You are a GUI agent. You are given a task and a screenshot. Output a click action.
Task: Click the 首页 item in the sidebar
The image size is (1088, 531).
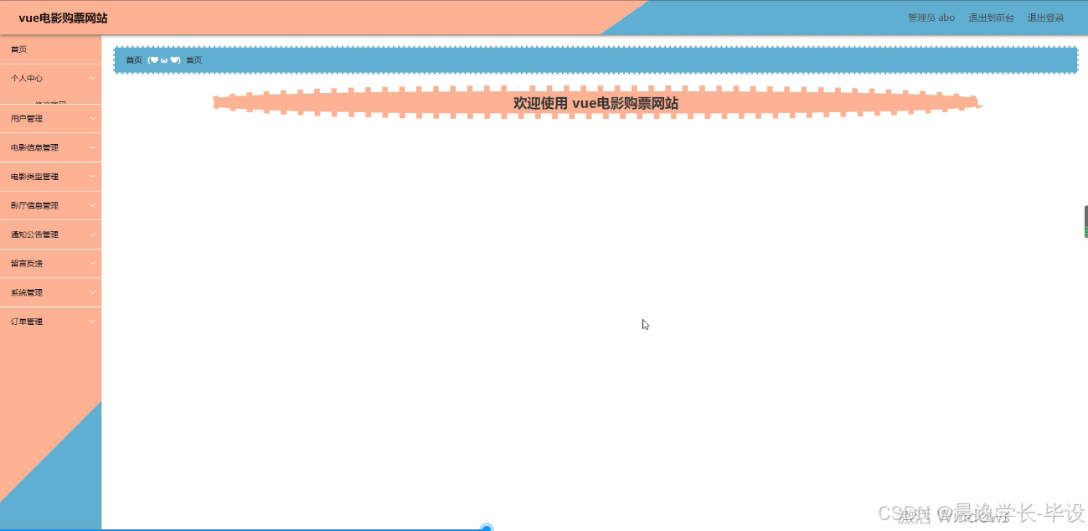tap(18, 49)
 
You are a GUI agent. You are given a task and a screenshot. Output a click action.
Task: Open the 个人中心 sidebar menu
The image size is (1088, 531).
tap(27, 79)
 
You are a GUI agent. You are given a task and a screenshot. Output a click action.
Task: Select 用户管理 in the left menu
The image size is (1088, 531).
tap(27, 119)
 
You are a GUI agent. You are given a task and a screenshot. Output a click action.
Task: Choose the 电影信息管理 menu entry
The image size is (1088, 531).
tap(34, 147)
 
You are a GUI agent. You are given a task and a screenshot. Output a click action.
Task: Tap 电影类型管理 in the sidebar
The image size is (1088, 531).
tap(34, 177)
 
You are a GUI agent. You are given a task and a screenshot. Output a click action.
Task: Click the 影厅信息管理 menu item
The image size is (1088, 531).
tap(34, 205)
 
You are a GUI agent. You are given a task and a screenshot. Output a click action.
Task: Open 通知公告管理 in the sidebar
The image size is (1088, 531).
tap(34, 235)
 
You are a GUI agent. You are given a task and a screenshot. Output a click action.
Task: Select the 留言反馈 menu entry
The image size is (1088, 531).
tap(27, 264)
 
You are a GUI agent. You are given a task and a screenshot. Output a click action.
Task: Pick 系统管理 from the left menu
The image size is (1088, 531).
tap(27, 292)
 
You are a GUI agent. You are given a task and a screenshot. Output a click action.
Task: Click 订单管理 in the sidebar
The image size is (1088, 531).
tap(27, 322)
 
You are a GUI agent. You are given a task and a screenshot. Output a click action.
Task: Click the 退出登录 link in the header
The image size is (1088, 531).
tap(1045, 18)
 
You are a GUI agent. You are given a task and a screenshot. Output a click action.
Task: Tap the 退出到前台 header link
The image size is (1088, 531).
tap(991, 18)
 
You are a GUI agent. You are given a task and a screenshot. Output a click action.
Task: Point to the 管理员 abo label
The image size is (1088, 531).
tap(931, 18)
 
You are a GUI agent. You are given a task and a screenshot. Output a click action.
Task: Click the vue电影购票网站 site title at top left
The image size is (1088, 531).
tap(63, 18)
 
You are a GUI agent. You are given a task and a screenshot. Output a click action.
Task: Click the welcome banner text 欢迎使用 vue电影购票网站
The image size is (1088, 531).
tap(596, 103)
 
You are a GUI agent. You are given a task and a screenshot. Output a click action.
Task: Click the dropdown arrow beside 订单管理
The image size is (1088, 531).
tap(92, 322)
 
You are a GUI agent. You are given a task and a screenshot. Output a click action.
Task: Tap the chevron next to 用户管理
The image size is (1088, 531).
tap(92, 119)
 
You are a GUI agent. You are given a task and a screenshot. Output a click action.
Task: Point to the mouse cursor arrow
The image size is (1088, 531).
tap(645, 324)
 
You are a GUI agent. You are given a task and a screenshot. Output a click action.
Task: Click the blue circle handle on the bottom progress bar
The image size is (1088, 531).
tap(487, 528)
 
